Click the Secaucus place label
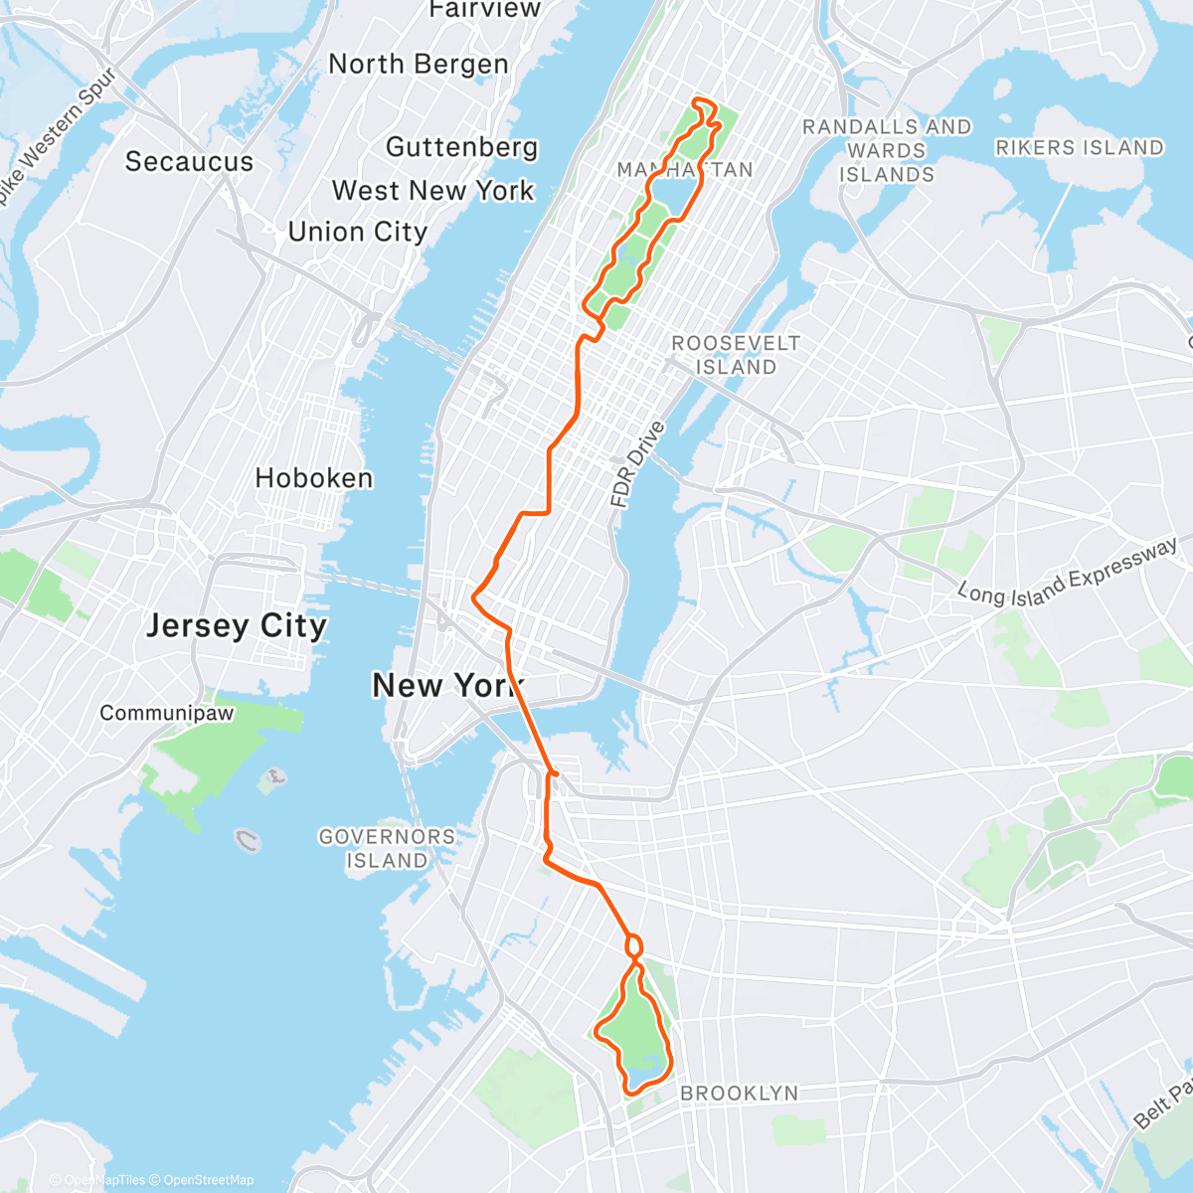189,161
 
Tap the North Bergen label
419,65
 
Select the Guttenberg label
461,147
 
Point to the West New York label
432,190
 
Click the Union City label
357,232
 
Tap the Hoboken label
314,478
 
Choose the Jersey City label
237,625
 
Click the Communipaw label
167,713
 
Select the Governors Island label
387,848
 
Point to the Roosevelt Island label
736,355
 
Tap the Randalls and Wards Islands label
887,150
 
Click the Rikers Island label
1079,147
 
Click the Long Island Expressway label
1068,573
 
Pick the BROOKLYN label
739,1093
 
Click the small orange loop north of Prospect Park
632,946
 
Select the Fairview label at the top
471,9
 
